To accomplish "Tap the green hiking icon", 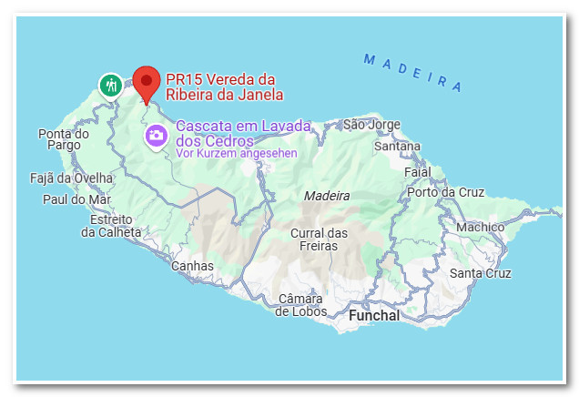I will [111, 86].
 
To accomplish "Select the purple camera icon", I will [157, 136].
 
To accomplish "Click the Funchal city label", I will [373, 315].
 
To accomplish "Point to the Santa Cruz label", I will [480, 273].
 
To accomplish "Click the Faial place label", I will [417, 171].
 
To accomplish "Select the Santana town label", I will [397, 146].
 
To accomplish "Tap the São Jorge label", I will [371, 124].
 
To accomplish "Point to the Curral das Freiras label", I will [319, 239].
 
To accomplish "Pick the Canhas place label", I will [193, 266].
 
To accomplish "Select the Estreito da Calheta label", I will [111, 226].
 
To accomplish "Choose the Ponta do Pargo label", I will [64, 139].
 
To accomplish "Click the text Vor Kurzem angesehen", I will [237, 153].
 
